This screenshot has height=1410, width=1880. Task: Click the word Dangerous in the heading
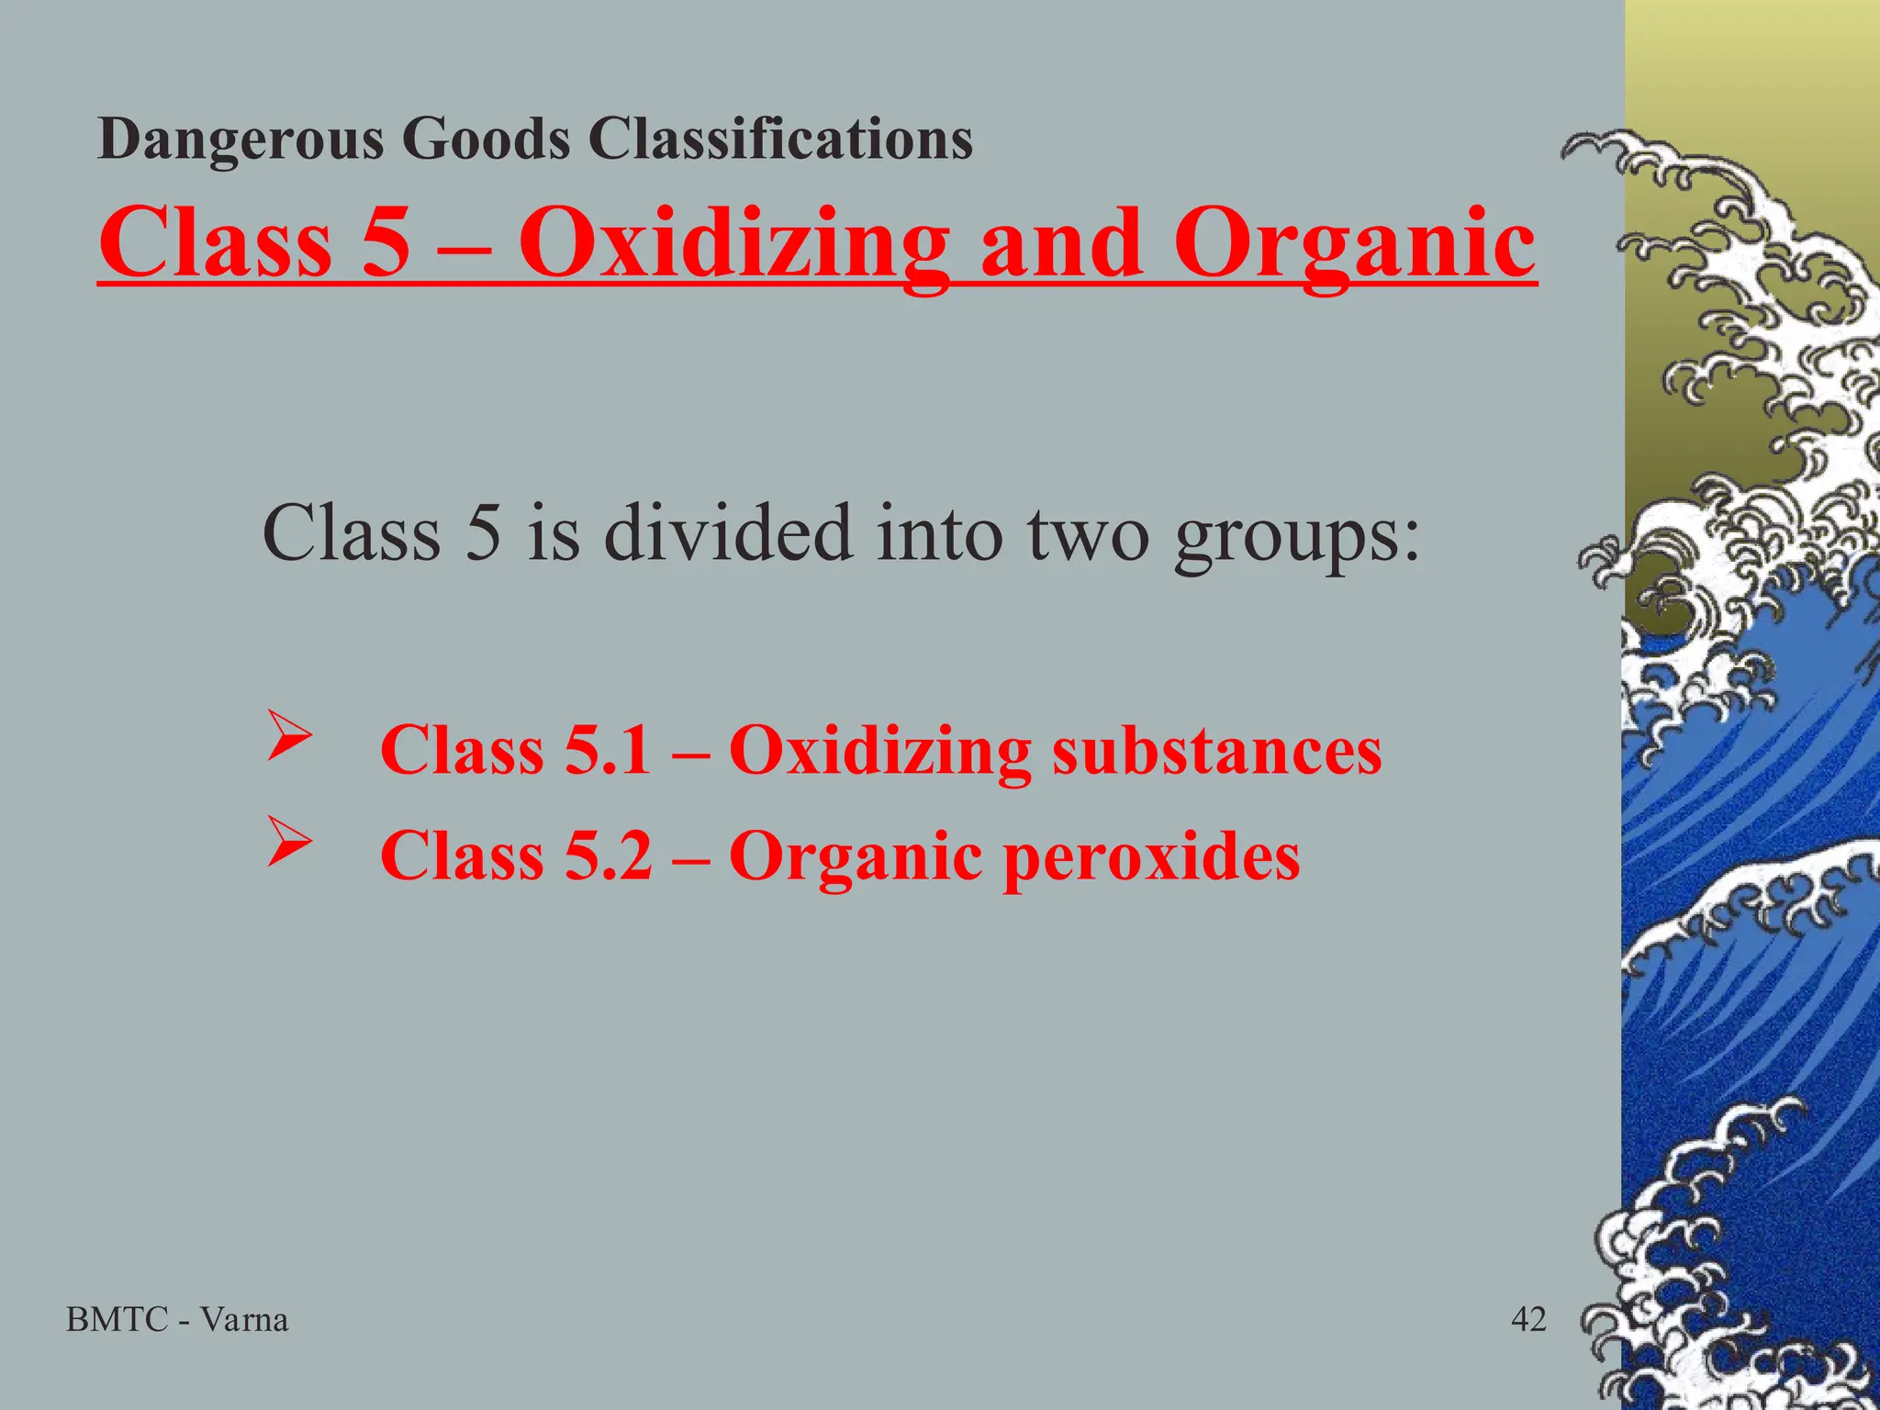(241, 140)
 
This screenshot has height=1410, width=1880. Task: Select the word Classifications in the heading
(780, 140)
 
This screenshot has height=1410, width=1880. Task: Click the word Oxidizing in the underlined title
(733, 243)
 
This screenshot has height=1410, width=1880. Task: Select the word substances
(1216, 750)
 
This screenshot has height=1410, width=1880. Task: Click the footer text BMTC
(117, 1320)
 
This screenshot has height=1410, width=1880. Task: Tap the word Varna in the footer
(244, 1320)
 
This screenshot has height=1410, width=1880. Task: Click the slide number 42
(1528, 1320)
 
